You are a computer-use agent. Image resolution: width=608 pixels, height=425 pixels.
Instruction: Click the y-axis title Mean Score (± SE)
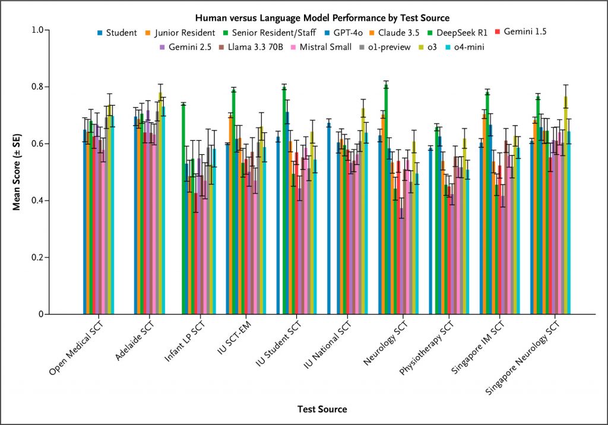tap(17, 172)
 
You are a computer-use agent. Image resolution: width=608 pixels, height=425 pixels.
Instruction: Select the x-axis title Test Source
tap(322, 409)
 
